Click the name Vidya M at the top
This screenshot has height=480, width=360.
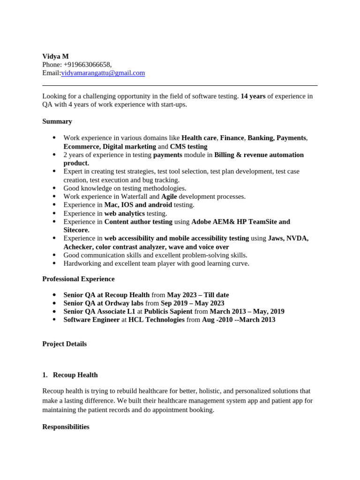coord(55,56)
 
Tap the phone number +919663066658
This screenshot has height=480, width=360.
coord(87,65)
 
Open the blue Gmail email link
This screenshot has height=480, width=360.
coord(103,73)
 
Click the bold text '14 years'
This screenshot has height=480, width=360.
coord(253,96)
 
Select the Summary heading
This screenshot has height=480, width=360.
coord(57,121)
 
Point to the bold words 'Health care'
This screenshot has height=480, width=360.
coord(199,138)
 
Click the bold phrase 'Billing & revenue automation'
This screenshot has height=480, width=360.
coord(259,155)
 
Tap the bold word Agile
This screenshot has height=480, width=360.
coord(169,196)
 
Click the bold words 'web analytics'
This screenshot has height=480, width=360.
coord(124,213)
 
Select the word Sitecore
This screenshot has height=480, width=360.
coord(76,230)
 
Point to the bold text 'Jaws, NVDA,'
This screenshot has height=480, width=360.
coord(288,238)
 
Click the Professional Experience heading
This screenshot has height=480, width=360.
coord(78,279)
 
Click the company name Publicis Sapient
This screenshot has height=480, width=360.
coord(168,311)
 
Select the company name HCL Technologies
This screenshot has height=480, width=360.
coord(157,320)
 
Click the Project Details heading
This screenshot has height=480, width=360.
coord(65,344)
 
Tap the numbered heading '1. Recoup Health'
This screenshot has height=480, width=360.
coord(70,375)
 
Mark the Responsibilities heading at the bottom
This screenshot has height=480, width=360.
coord(66,427)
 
